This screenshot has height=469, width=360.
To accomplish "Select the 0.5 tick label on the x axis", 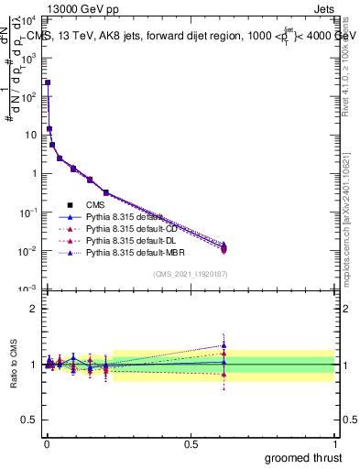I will (x=191, y=443).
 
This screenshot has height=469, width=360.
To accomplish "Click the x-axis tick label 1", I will (x=335, y=443).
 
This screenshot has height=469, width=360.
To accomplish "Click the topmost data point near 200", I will (x=48, y=82).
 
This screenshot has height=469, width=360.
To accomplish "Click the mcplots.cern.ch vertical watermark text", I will (x=354, y=229).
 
